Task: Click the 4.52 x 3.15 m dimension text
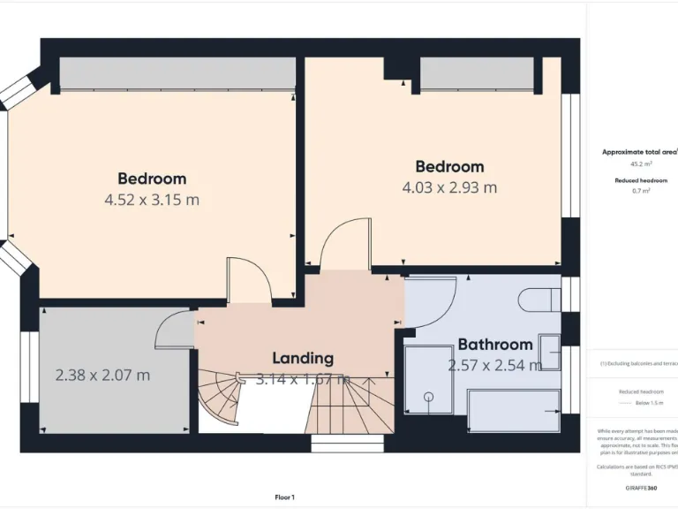pyautogui.click(x=152, y=200)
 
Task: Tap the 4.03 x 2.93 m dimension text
pyautogui.click(x=449, y=187)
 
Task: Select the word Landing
pyautogui.click(x=302, y=358)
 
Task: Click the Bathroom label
pyautogui.click(x=494, y=345)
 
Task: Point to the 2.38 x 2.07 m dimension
pyautogui.click(x=102, y=375)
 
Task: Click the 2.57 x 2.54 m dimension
pyautogui.click(x=494, y=365)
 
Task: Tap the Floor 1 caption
pyautogui.click(x=285, y=498)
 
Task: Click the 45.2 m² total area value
pyautogui.click(x=641, y=163)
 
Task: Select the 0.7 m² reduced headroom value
pyautogui.click(x=641, y=191)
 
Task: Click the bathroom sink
pyautogui.click(x=550, y=353)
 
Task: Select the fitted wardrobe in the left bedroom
pyautogui.click(x=177, y=73)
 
